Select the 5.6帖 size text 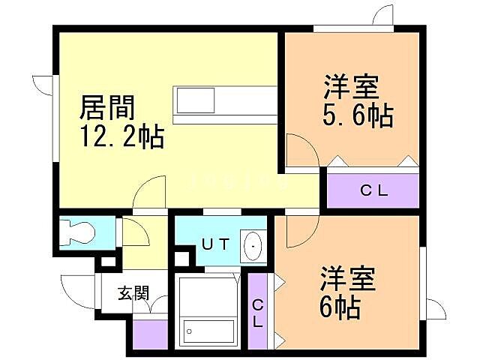click(x=359, y=116)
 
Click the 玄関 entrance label click(x=131, y=292)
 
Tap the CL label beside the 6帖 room click(x=257, y=313)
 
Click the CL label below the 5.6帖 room click(x=373, y=190)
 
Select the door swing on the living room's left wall click(x=42, y=85)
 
